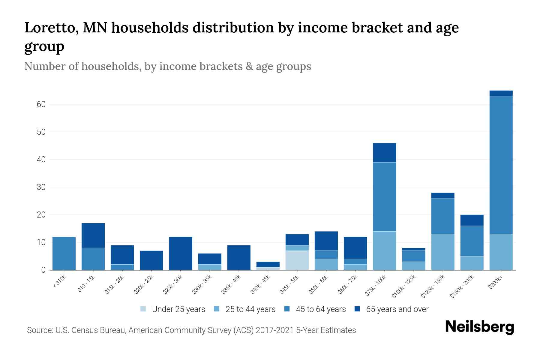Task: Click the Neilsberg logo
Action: tap(479, 327)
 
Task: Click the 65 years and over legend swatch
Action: tap(357, 309)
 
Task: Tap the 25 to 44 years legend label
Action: tap(250, 309)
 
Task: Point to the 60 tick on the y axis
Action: tap(41, 104)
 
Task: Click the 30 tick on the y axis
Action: tap(41, 187)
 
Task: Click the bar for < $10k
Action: tap(64, 253)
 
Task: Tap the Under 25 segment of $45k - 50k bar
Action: tap(297, 260)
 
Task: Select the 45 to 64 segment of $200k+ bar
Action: tap(501, 165)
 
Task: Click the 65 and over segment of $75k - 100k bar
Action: tap(384, 153)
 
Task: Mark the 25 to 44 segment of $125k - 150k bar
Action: tap(442, 252)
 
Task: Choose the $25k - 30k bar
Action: tap(181, 253)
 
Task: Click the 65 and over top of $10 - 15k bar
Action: tap(93, 235)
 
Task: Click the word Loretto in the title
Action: tap(50, 28)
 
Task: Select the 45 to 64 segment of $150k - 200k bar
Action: tap(472, 241)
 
